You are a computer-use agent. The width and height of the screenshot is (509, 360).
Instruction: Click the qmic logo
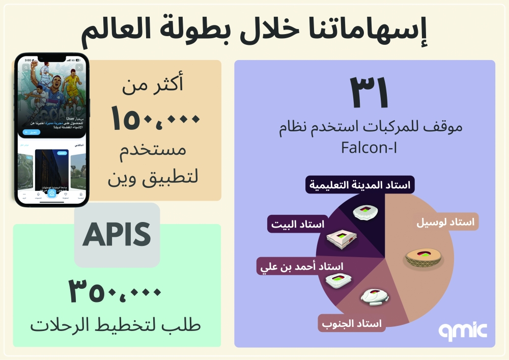click(463, 330)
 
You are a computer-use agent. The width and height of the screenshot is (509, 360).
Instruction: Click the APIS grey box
click(117, 235)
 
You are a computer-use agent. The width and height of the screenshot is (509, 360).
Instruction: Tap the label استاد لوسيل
click(445, 222)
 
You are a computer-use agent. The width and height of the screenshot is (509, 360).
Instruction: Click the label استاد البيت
click(298, 224)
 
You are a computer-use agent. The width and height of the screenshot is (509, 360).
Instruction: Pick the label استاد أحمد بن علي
click(302, 266)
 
